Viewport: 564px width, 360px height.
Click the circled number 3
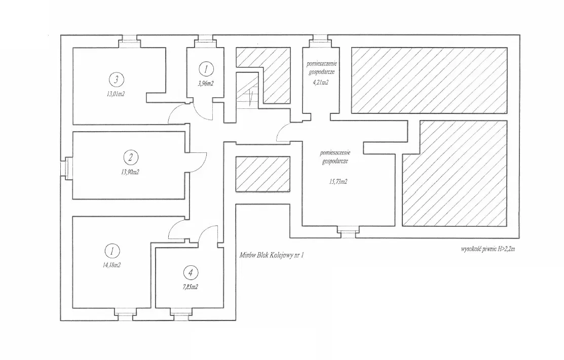pos(117,79)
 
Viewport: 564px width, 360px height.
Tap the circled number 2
pos(131,157)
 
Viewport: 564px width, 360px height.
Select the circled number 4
pos(190,273)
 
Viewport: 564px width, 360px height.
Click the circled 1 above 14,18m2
pos(111,250)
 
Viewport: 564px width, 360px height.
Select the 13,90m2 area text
pos(130,172)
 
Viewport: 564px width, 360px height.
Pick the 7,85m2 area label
pos(190,287)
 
